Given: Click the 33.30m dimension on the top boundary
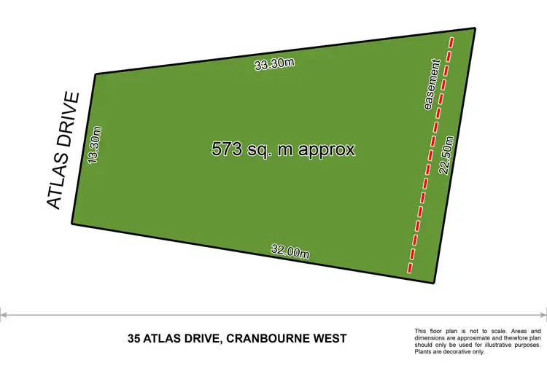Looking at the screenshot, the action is tap(274, 63).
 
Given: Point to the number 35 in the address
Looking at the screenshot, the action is tap(133, 338).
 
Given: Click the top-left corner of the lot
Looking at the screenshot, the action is tap(95, 74).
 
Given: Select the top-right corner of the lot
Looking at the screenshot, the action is tap(476, 28).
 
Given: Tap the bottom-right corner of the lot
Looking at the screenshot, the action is tap(435, 282).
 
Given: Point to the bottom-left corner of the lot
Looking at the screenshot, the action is tap(71, 224).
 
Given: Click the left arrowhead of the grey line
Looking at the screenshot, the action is tap(3, 316).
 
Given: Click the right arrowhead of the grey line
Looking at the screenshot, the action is tap(543, 316).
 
